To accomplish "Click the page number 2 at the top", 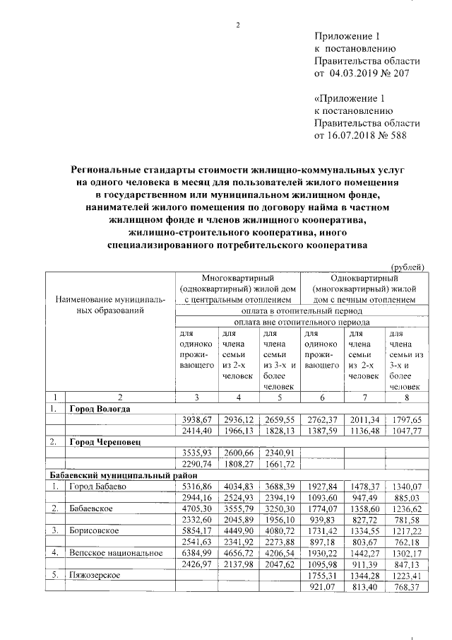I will [238, 26].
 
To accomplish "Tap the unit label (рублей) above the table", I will [408, 267].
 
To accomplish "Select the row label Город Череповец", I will [105, 441].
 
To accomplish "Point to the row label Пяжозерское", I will [95, 576].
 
